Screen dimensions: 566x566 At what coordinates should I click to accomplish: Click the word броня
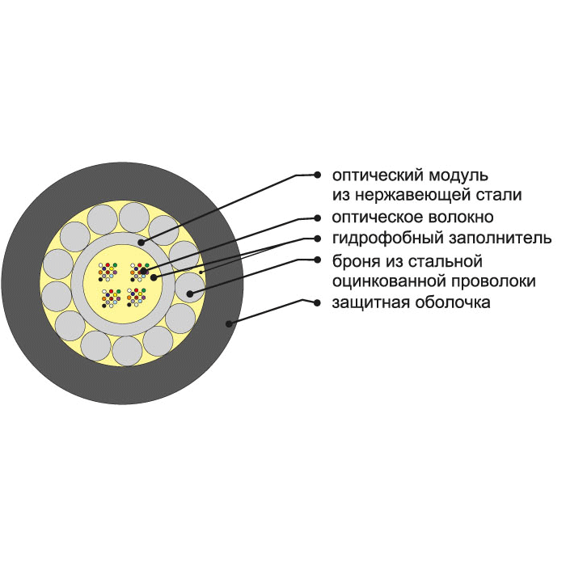click(x=356, y=261)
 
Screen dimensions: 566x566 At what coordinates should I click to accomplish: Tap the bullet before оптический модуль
click(x=317, y=175)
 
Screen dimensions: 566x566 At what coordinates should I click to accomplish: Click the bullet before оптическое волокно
click(x=317, y=218)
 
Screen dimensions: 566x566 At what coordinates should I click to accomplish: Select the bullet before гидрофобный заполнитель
click(x=317, y=239)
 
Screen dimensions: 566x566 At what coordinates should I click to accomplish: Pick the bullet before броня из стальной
click(x=317, y=260)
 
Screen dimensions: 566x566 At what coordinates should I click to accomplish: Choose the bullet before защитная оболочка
click(x=317, y=303)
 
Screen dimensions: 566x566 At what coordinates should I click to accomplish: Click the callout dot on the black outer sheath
click(x=229, y=323)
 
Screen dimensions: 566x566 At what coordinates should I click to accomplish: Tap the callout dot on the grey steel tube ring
click(x=141, y=243)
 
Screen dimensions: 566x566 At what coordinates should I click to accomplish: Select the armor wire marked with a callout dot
click(x=189, y=287)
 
